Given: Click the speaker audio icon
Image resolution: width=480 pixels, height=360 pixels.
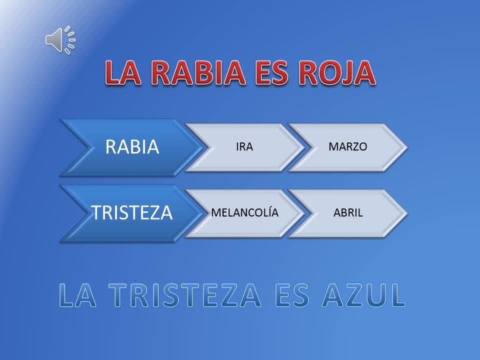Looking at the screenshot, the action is [x=60, y=40].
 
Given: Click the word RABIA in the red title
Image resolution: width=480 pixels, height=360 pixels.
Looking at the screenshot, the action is [x=198, y=73].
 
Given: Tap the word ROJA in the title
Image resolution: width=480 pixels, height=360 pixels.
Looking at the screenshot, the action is [x=336, y=73].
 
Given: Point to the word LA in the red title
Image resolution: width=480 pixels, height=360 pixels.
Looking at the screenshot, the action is [x=123, y=73].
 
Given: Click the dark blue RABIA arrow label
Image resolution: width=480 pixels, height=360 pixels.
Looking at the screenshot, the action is [x=132, y=146].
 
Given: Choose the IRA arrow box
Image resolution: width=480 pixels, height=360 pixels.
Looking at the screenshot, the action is [x=244, y=147].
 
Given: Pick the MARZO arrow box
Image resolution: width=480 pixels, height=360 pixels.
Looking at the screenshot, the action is [x=348, y=147].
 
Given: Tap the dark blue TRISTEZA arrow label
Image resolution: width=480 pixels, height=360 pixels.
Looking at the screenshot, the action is [x=132, y=213].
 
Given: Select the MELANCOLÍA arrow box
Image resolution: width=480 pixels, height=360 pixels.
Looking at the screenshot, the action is [x=244, y=213].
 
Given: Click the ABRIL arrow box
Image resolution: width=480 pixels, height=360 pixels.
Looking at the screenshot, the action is [x=348, y=213].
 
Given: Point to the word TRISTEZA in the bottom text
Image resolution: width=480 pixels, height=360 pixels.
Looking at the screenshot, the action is [x=185, y=295].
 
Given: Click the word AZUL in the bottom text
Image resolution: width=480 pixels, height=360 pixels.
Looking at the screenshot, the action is [x=363, y=295].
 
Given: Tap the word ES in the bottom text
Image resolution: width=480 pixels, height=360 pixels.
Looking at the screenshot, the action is [x=292, y=295].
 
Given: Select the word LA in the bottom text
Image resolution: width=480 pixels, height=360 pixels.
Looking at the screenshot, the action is [x=77, y=295].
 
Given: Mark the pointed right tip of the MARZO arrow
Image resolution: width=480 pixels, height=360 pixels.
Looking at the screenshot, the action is [x=407, y=147].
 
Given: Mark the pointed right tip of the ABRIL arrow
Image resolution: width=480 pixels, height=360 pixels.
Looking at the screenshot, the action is [x=407, y=213].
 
